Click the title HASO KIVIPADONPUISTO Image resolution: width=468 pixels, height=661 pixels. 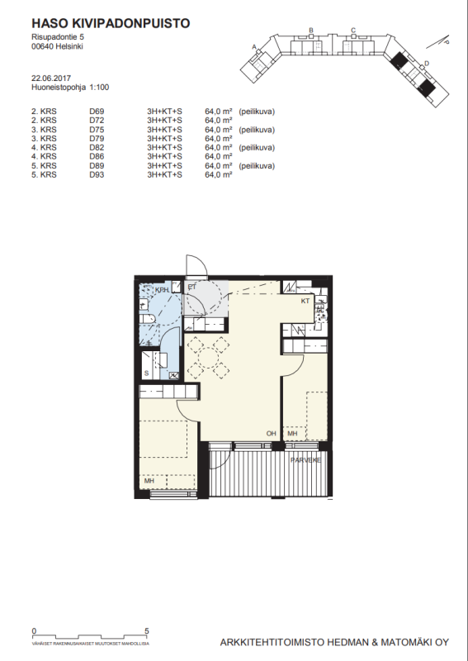tap(110, 23)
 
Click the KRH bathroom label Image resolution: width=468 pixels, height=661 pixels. tap(162, 290)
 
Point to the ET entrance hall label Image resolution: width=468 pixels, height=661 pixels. tap(191, 288)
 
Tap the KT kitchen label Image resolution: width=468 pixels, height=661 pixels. tap(305, 302)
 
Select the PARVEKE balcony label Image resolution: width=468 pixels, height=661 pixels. tap(305, 459)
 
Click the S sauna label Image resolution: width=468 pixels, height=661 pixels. tap(147, 373)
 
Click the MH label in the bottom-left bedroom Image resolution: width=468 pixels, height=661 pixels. tap(149, 481)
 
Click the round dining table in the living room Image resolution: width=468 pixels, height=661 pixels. tap(206, 356)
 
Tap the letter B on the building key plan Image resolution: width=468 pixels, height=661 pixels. tap(310, 30)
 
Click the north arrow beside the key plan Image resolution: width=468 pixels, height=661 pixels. tap(443, 40)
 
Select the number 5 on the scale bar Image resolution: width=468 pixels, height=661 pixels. tap(147, 630)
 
